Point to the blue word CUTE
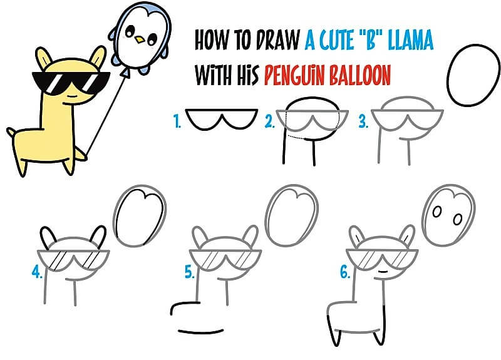pyautogui.click(x=338, y=40)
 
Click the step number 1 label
pyautogui.click(x=177, y=121)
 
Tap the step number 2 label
pyautogui.click(x=270, y=121)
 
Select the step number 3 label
pyautogui.click(x=363, y=121)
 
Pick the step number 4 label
pyautogui.click(x=37, y=272)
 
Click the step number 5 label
pyautogui.click(x=190, y=272)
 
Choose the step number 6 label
pyautogui.click(x=345, y=272)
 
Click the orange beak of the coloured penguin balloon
pyautogui.click(x=140, y=40)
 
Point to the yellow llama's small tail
pyautogui.click(x=11, y=131)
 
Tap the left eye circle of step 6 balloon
pyautogui.click(x=436, y=212)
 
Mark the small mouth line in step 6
pyautogui.click(x=382, y=272)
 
